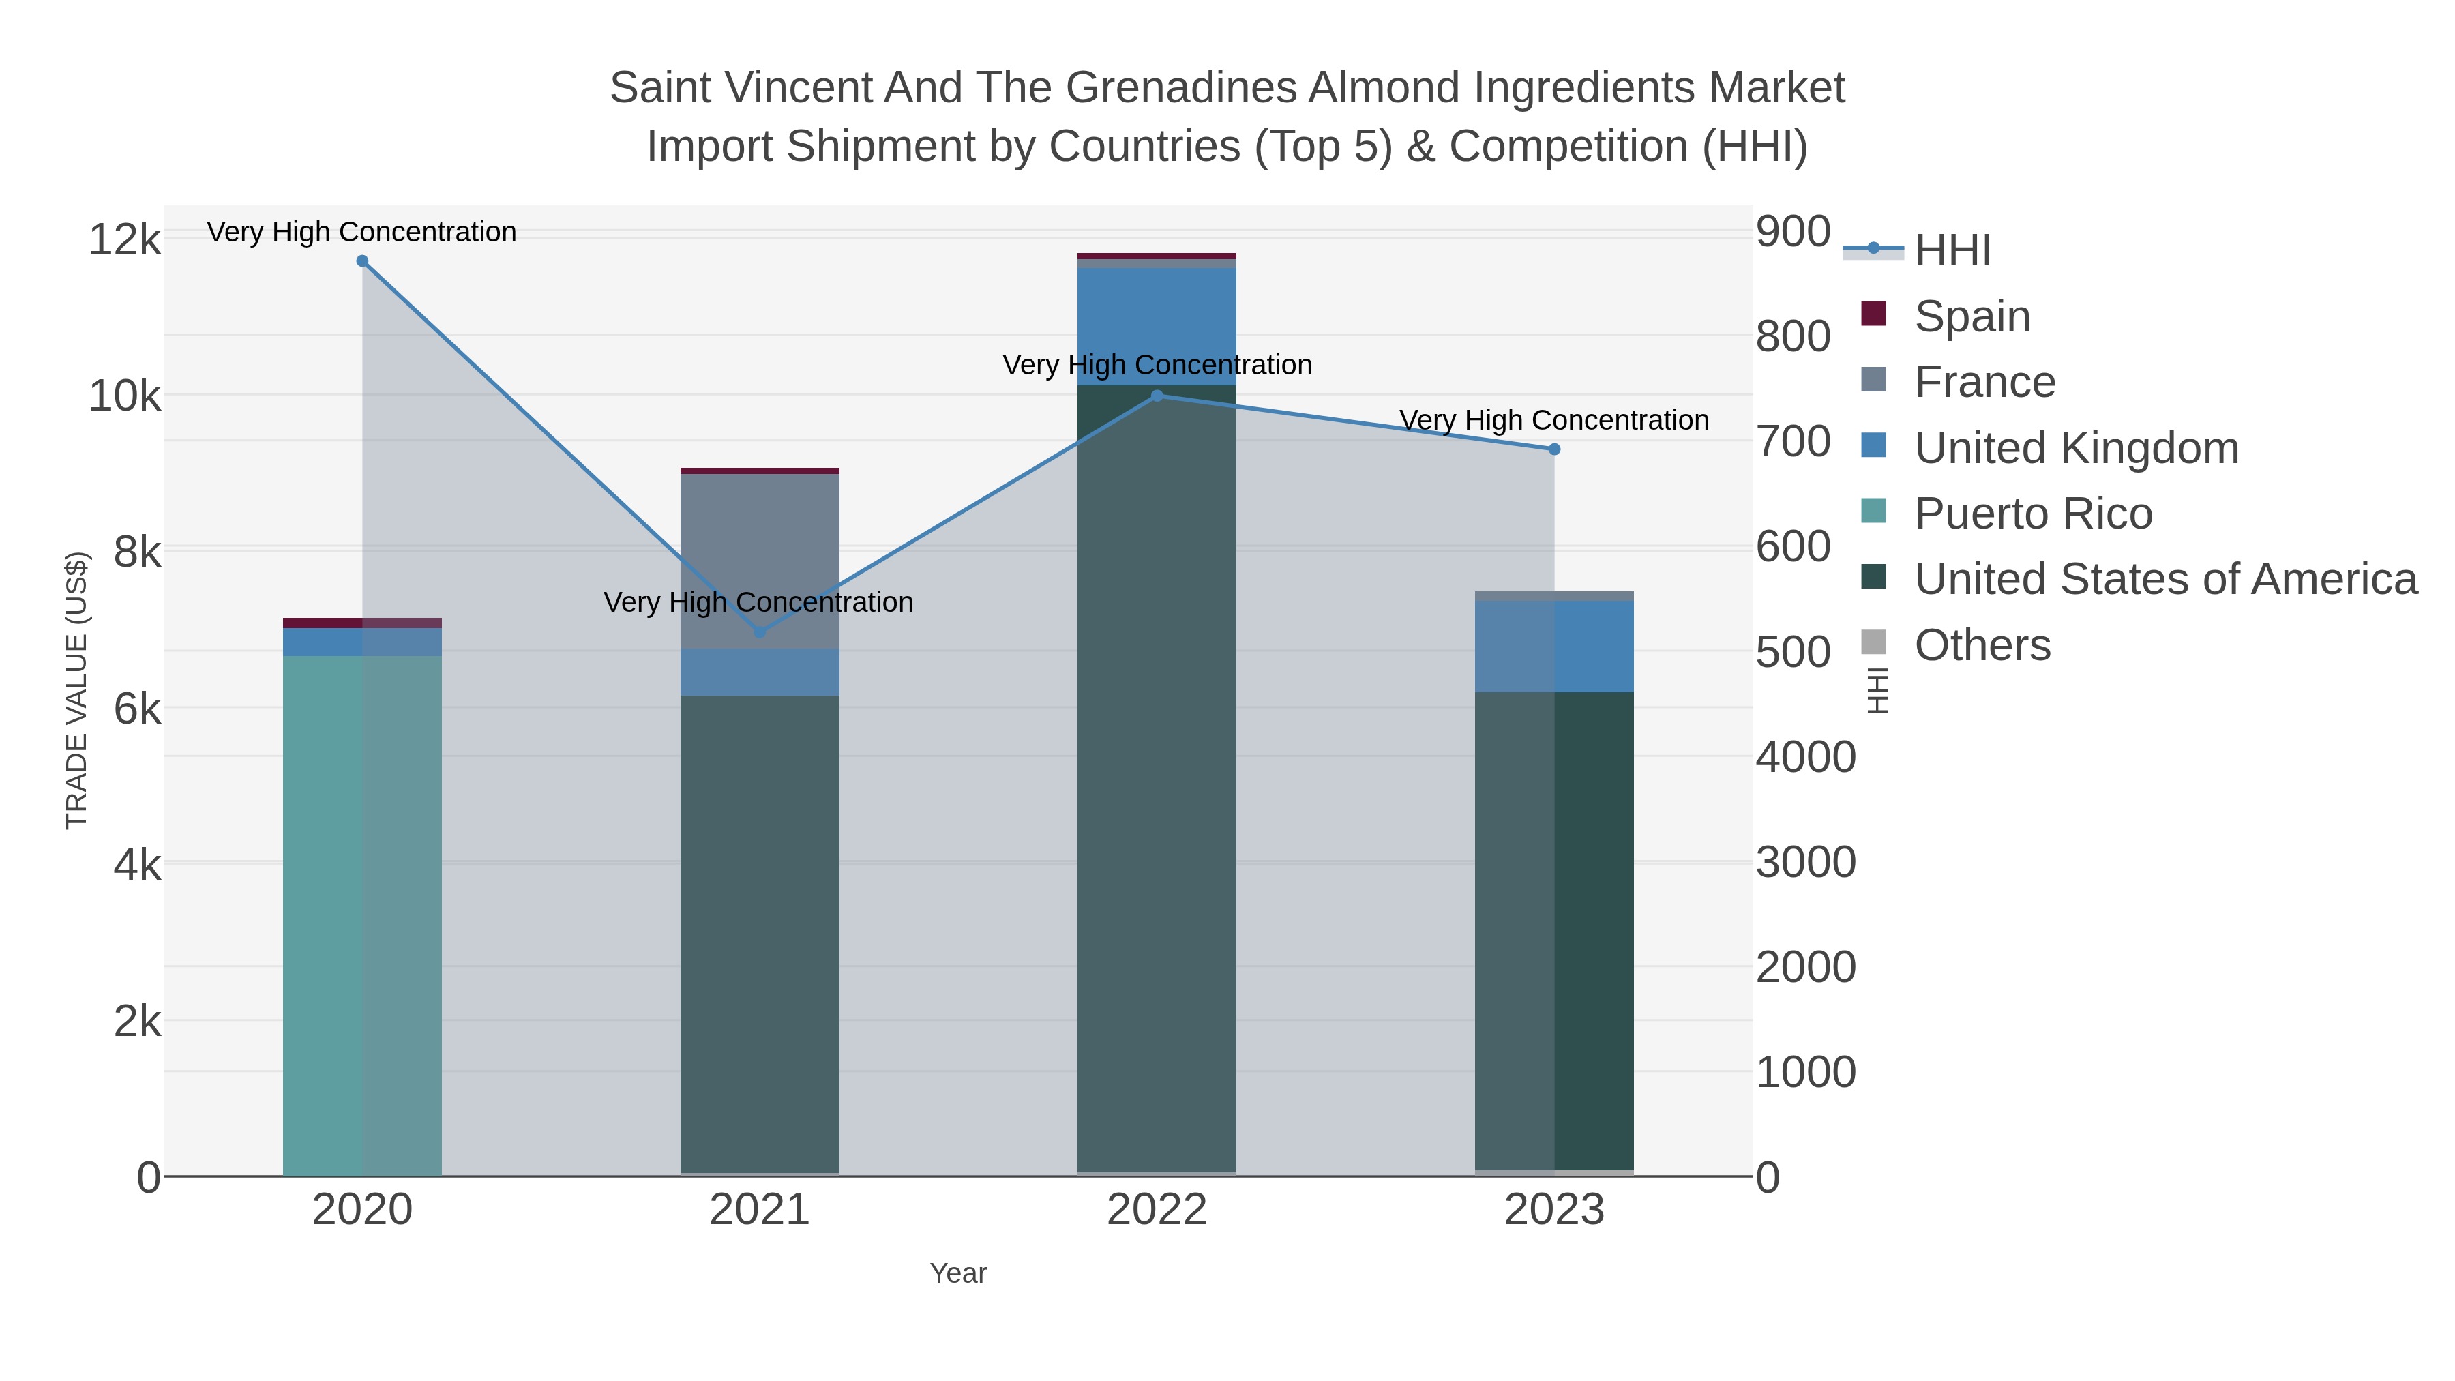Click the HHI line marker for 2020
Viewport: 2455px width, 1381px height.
[362, 261]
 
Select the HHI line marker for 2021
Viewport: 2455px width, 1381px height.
[760, 632]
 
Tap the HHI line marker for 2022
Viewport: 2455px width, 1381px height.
[1157, 396]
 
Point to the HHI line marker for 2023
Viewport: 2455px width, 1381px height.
[1554, 449]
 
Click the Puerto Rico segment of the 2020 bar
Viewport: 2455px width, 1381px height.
[362, 915]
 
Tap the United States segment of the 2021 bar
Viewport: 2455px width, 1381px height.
[760, 934]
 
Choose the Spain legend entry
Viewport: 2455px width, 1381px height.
[1971, 316]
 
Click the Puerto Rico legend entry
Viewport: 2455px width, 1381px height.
[2032, 514]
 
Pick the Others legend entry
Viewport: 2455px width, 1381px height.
[1981, 645]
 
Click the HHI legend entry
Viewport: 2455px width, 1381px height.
[1952, 251]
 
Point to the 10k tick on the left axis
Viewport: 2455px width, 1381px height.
[125, 396]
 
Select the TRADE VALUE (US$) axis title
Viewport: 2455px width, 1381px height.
[76, 690]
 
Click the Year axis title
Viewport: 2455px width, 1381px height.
[958, 1273]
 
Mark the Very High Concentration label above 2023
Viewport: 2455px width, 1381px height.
[1553, 420]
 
